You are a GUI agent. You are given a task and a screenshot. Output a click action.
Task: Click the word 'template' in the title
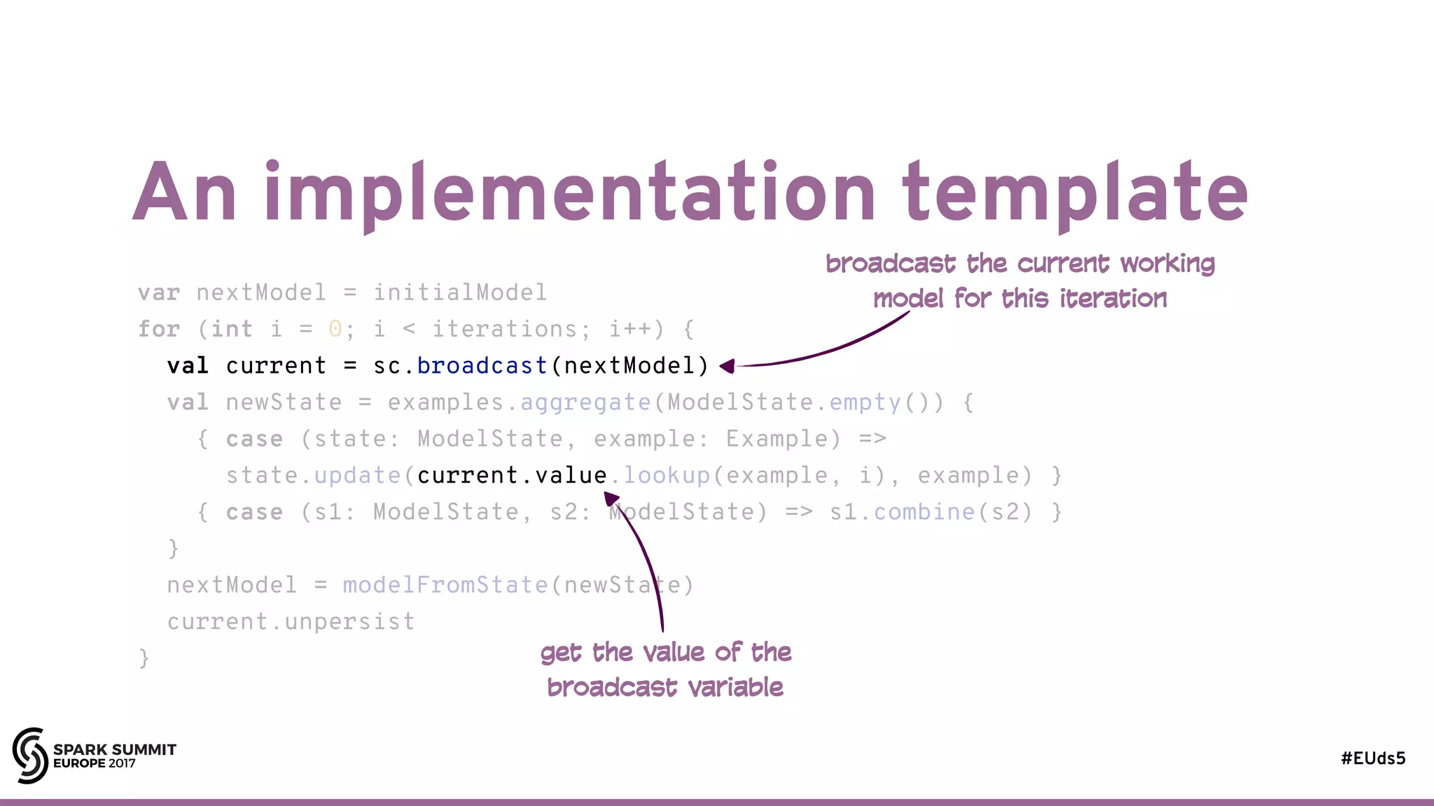(x=1075, y=192)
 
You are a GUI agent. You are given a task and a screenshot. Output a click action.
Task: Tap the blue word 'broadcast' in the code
(x=482, y=365)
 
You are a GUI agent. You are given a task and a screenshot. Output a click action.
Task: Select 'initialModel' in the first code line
(x=459, y=292)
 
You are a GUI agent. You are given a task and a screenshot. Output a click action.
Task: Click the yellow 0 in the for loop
(x=335, y=329)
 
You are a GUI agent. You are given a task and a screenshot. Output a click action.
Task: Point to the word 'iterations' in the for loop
(x=504, y=329)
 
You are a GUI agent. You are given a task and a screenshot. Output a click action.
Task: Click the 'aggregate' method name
(x=585, y=402)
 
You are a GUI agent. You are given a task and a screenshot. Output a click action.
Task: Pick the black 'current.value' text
(x=512, y=476)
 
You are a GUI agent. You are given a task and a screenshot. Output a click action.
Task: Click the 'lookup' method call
(x=667, y=476)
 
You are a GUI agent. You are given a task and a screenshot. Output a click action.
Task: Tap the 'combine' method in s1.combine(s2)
(x=924, y=512)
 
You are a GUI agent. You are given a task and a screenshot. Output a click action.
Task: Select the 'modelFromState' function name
(x=445, y=585)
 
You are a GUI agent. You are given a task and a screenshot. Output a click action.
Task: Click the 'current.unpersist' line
(x=291, y=621)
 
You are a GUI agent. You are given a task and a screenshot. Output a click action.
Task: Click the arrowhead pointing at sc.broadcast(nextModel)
(x=728, y=366)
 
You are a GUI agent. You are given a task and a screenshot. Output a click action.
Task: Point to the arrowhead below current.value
(x=611, y=498)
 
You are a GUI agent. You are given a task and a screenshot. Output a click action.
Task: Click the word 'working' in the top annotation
(x=1167, y=264)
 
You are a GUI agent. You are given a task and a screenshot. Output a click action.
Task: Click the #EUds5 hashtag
(x=1372, y=758)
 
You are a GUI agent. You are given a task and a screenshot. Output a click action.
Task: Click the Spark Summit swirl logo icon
(x=30, y=755)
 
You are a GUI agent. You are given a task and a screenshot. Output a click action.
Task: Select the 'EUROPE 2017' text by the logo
(x=95, y=763)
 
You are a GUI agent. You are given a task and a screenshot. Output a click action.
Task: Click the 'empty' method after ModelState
(x=865, y=402)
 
